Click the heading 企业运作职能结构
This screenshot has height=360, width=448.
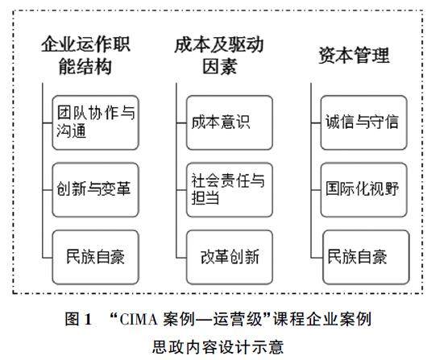coord(85,56)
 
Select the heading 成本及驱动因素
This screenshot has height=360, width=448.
coord(219,56)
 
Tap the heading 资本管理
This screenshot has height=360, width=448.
coord(354,55)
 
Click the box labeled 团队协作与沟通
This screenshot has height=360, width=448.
coord(95,122)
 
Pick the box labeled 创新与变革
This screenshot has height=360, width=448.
coord(95,190)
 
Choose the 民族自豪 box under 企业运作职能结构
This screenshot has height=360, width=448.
coord(95,257)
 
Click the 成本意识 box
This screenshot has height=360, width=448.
coord(230,122)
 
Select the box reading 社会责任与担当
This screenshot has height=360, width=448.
coord(230,190)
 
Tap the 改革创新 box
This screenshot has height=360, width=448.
coord(230,257)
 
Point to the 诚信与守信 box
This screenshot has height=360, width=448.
coord(363,122)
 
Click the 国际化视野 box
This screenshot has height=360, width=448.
coord(363,190)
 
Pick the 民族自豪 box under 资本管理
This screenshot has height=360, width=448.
coord(366,257)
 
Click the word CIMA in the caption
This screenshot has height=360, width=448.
coord(139,320)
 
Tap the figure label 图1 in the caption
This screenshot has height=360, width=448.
coord(78,319)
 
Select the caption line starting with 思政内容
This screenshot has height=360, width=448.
coord(218,347)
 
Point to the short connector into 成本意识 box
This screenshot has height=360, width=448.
coord(181,123)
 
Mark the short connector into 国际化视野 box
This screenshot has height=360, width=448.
coord(316,190)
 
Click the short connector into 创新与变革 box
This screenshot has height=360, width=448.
coord(48,190)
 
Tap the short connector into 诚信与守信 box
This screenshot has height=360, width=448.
coord(316,123)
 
